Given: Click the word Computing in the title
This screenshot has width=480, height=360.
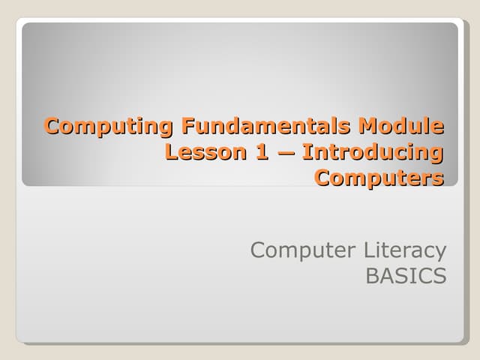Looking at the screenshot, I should click(x=109, y=125).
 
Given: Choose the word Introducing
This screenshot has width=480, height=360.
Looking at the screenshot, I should click(x=373, y=152).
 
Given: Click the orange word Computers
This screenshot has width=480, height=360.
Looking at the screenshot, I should click(x=379, y=178).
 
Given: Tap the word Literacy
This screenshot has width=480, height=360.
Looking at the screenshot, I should click(x=405, y=249).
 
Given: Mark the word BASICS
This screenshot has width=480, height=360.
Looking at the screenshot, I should click(x=406, y=276).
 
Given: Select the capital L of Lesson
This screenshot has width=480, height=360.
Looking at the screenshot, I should click(x=171, y=152).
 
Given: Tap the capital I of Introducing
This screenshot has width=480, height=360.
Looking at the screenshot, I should click(x=307, y=152).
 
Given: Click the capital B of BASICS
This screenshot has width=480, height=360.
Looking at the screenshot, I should click(x=371, y=276).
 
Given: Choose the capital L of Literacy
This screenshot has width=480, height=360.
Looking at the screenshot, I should click(x=367, y=249).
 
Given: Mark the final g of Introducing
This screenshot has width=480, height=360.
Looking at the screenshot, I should click(x=434, y=154).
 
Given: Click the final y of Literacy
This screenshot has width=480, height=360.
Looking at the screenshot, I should click(x=440, y=252).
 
